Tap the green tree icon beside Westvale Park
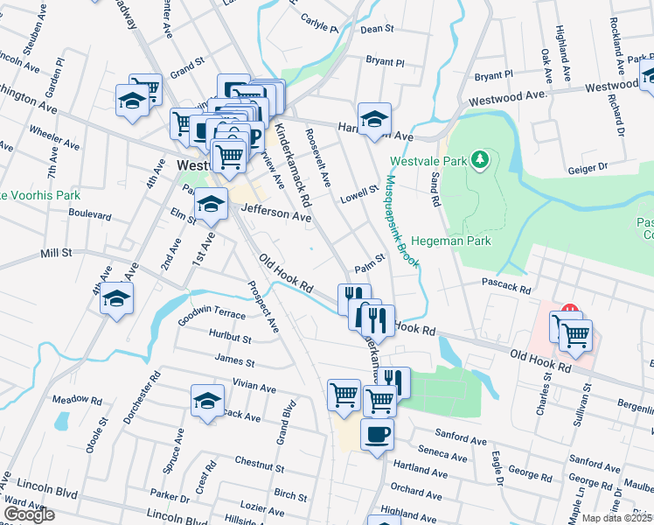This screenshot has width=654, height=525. pyautogui.click(x=478, y=160)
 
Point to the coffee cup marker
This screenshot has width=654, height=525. pyautogui.click(x=377, y=434)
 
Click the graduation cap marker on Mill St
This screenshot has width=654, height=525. pyautogui.click(x=116, y=299)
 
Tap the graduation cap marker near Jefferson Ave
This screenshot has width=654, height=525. pyautogui.click(x=210, y=204)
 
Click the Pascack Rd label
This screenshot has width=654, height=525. pyautogui.click(x=506, y=286)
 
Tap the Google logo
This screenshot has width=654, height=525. pyautogui.click(x=29, y=514)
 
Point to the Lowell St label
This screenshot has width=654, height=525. pyautogui.click(x=359, y=194)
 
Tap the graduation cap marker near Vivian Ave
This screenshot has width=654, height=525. pyautogui.click(x=207, y=401)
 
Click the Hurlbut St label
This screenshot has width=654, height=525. pyautogui.click(x=230, y=337)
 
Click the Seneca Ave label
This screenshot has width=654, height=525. pyautogui.click(x=443, y=454)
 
